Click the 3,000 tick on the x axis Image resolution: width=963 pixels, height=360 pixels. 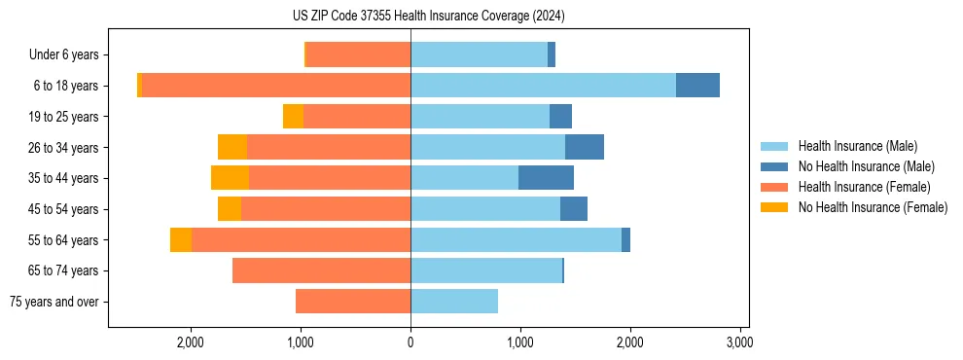coord(739,342)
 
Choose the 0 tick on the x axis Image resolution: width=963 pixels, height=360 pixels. coord(410,342)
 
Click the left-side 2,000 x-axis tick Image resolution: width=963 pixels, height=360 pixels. coord(190,342)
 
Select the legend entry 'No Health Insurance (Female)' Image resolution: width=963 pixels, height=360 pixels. coord(873,207)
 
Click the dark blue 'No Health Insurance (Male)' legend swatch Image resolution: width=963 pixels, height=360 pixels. coord(775,166)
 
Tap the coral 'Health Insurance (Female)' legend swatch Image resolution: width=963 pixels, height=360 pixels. coord(775,187)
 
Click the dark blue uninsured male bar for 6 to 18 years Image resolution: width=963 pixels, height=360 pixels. coord(697,86)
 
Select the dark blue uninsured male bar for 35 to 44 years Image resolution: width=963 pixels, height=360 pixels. coord(546,178)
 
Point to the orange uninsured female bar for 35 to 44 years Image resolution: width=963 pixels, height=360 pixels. coord(230,178)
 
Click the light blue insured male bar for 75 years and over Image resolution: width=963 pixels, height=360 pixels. coord(454,302)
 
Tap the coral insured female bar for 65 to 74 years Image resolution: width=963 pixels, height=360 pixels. coord(321,270)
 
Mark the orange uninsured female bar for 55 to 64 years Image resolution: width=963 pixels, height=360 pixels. coord(181,239)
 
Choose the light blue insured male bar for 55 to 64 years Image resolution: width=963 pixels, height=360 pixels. coord(516,239)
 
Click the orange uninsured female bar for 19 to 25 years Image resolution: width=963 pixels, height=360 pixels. coord(293,117)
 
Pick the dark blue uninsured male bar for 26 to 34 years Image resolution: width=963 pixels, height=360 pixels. coord(585,147)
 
